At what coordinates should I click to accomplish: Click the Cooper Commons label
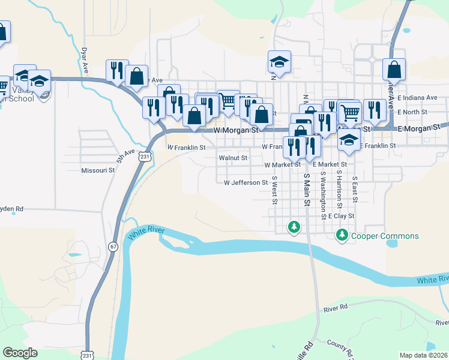point(385,236)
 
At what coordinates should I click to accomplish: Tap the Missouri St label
point(98,170)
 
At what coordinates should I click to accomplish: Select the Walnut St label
point(233,158)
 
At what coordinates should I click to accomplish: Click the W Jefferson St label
point(246,182)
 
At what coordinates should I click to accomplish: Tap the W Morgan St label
point(236,130)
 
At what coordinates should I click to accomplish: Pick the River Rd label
point(336,308)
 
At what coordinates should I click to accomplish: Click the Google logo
point(20,353)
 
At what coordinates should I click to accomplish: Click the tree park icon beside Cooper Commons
point(342,235)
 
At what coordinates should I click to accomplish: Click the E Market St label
point(330,164)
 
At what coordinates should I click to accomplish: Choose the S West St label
point(274,190)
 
